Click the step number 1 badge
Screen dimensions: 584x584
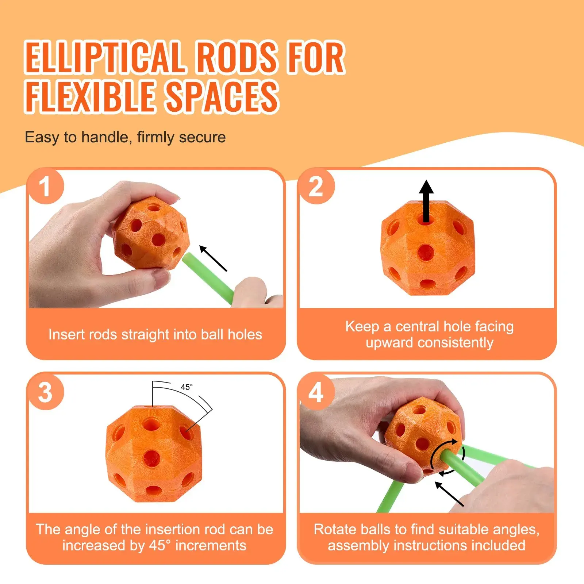pyautogui.click(x=46, y=187)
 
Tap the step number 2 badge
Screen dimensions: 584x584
pyautogui.click(x=316, y=187)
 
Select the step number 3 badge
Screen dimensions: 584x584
pyautogui.click(x=46, y=392)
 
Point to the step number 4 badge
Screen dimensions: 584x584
pyautogui.click(x=316, y=392)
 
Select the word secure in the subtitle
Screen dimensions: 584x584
pyautogui.click(x=202, y=138)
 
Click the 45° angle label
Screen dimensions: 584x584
pyautogui.click(x=187, y=387)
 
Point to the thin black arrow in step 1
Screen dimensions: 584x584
pyautogui.click(x=213, y=258)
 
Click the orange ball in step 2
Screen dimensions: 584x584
pyautogui.click(x=427, y=248)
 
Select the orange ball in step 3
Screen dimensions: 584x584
pyautogui.click(x=154, y=454)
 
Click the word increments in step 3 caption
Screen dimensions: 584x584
pyautogui.click(x=211, y=545)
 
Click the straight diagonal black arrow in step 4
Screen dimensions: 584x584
pyautogui.click(x=449, y=494)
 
